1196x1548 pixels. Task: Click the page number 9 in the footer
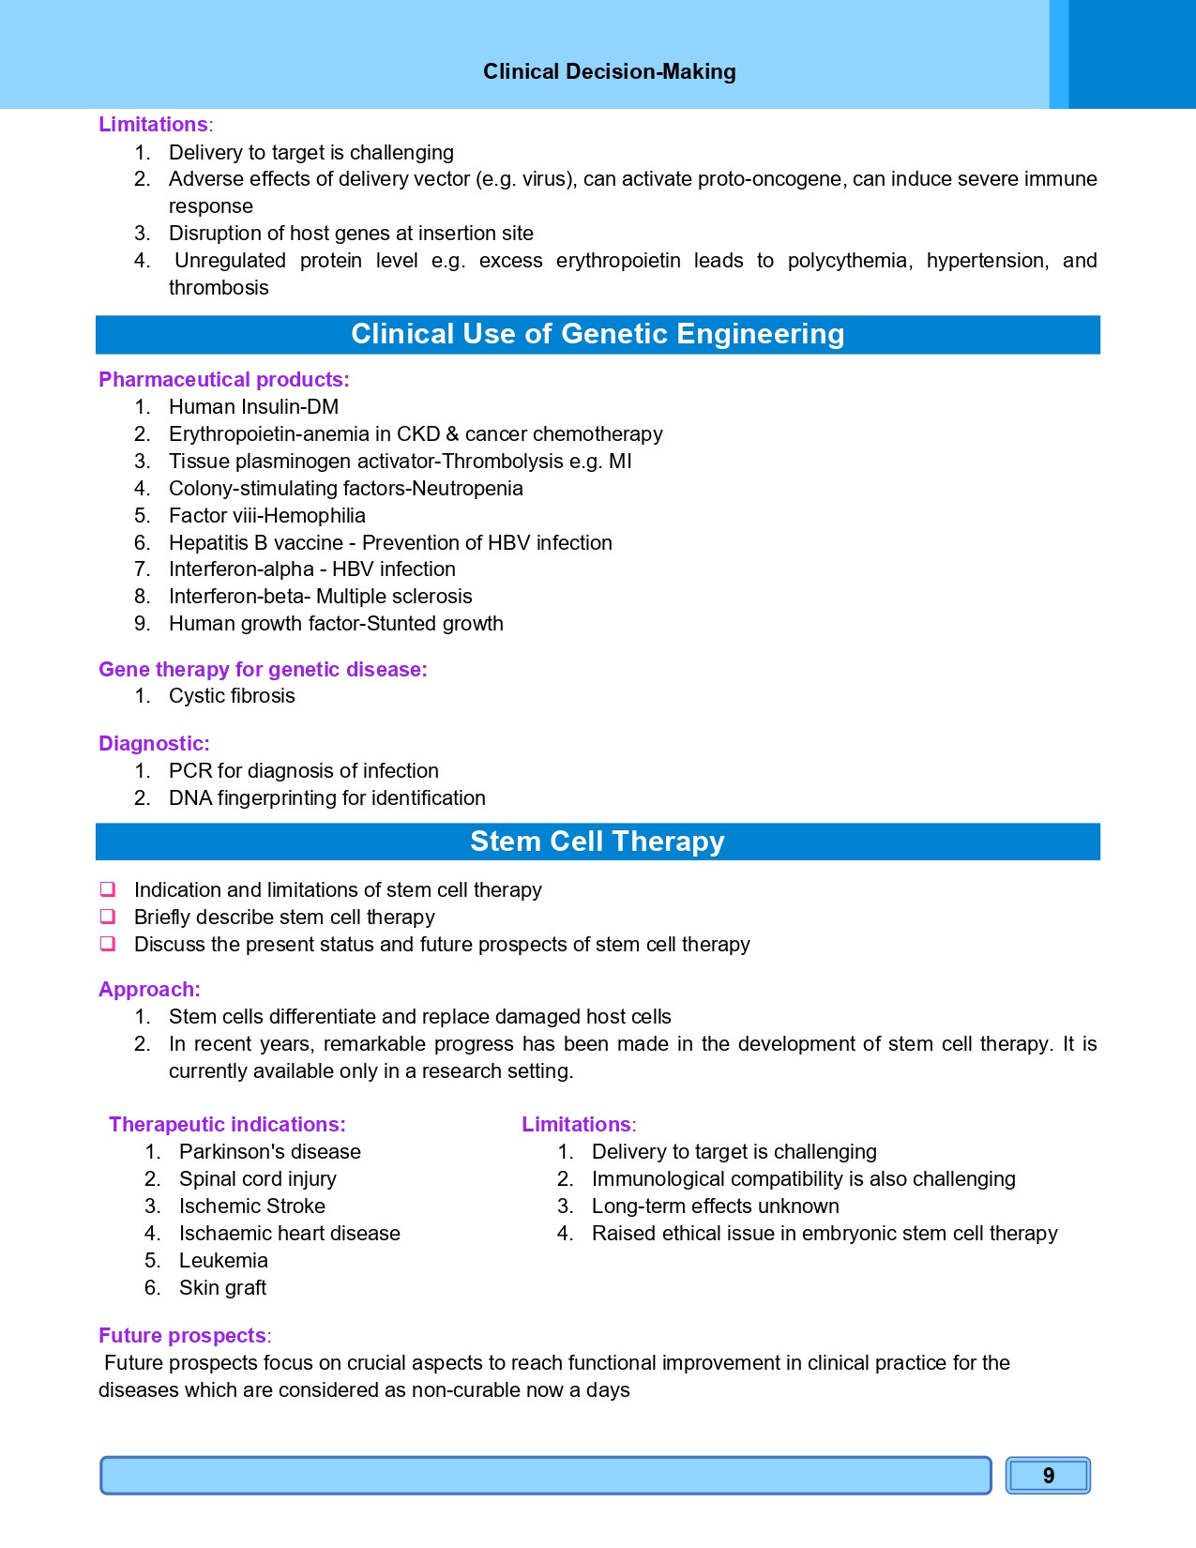(1048, 1476)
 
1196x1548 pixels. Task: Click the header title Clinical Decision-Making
(609, 72)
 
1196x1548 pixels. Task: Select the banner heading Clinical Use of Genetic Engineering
(598, 334)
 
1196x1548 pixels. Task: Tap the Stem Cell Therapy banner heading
(598, 842)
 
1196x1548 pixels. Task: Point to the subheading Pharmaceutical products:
(223, 380)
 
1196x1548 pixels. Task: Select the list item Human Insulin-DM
(253, 407)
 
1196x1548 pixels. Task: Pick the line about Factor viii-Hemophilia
(266, 516)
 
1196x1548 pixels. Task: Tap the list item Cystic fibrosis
(232, 696)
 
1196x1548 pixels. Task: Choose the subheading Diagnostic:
(154, 744)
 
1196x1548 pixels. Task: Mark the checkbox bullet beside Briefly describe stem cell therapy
(108, 917)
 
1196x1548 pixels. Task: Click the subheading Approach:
(149, 990)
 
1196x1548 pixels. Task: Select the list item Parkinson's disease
(269, 1152)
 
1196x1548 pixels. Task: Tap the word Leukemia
(223, 1261)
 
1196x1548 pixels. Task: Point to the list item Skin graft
(222, 1288)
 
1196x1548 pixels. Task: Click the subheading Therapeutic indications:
(227, 1125)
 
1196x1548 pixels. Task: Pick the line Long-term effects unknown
(715, 1207)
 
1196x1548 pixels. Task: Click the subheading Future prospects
(182, 1336)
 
